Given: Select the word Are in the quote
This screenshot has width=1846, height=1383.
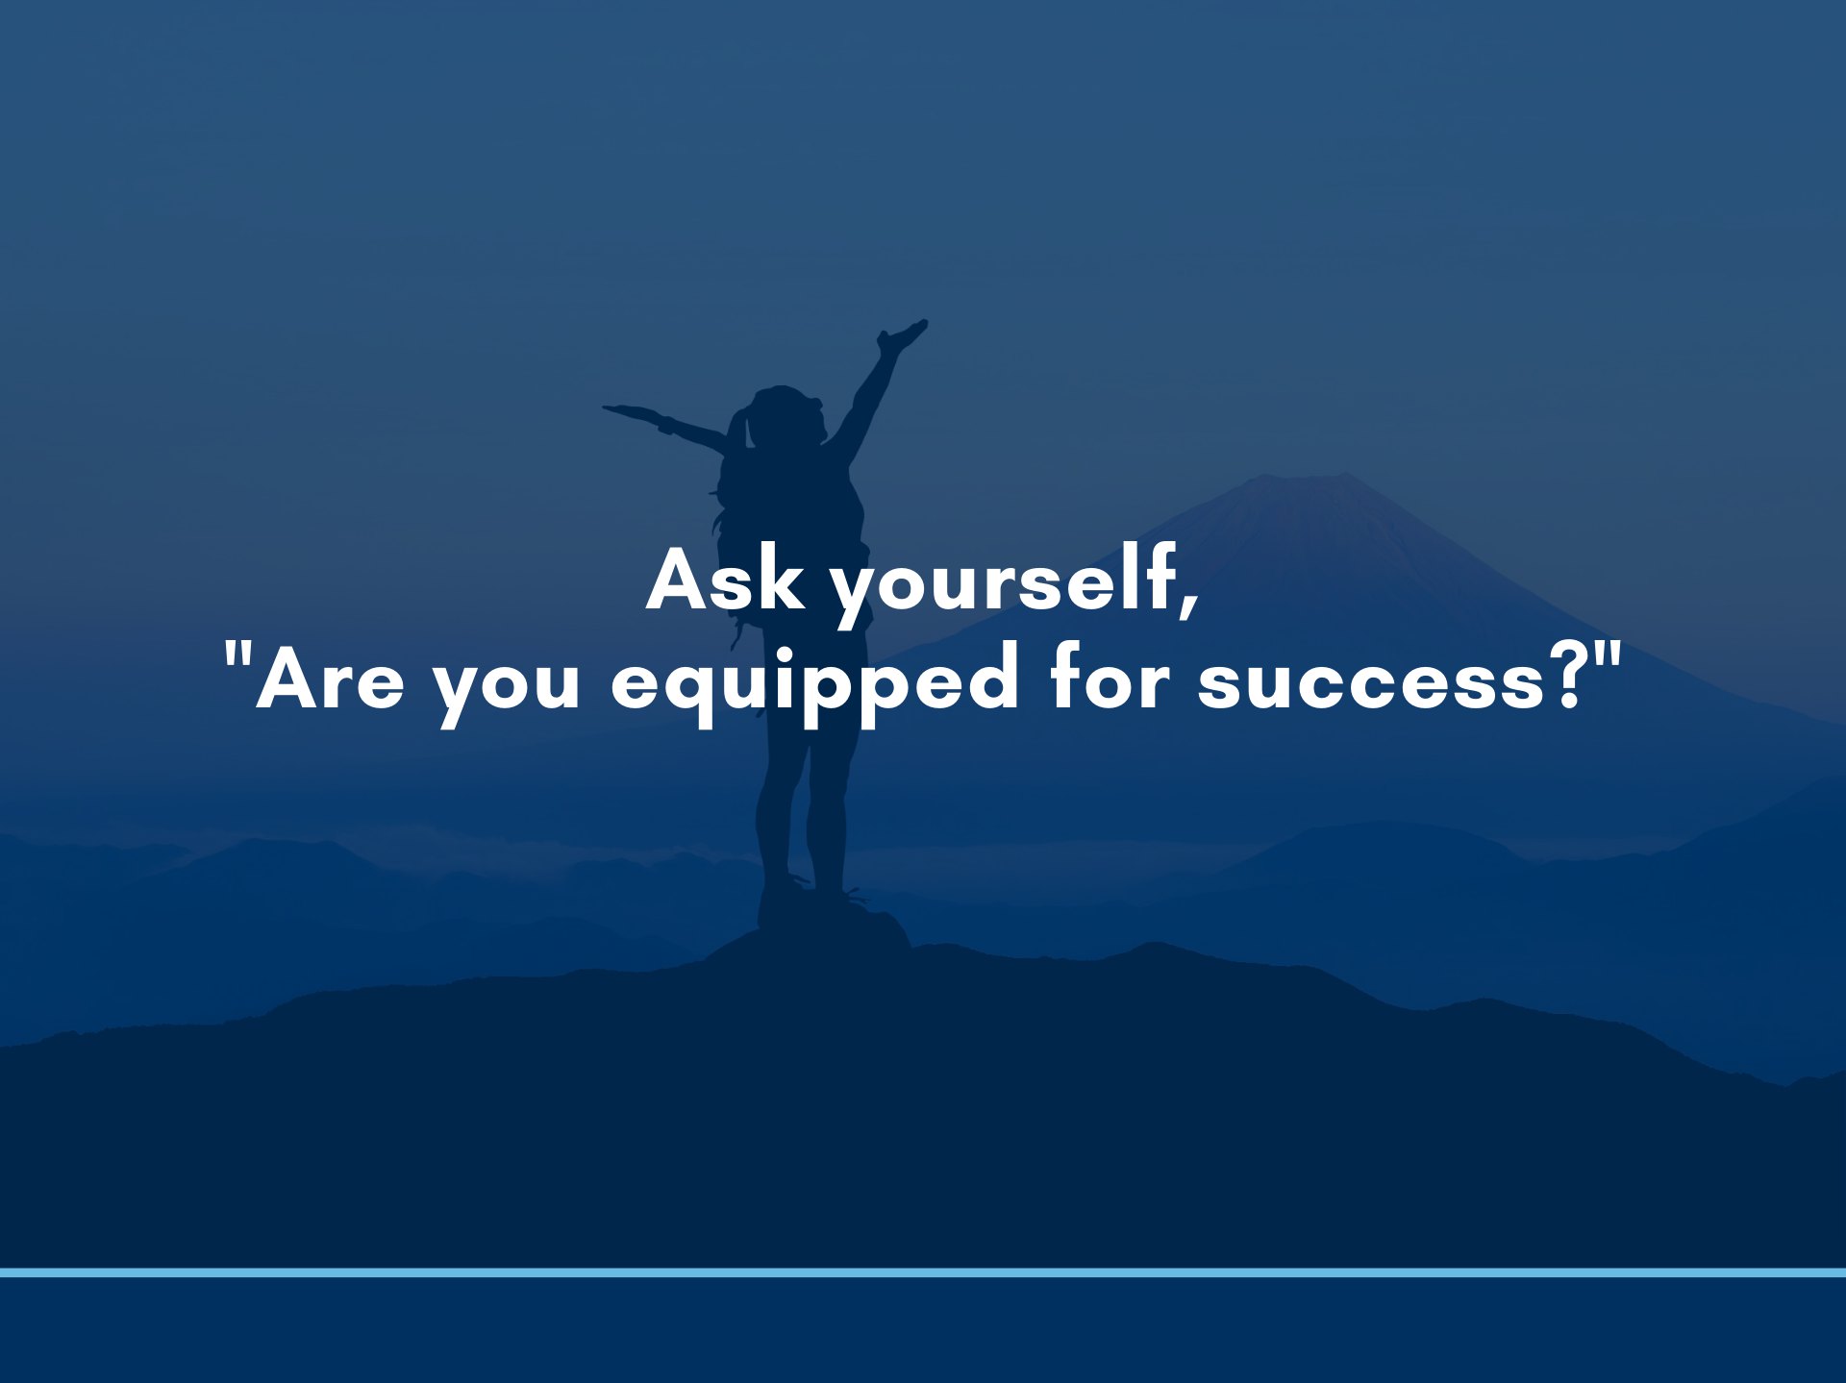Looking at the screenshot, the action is (330, 679).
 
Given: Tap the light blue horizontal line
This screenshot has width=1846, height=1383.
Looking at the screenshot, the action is (923, 1272).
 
